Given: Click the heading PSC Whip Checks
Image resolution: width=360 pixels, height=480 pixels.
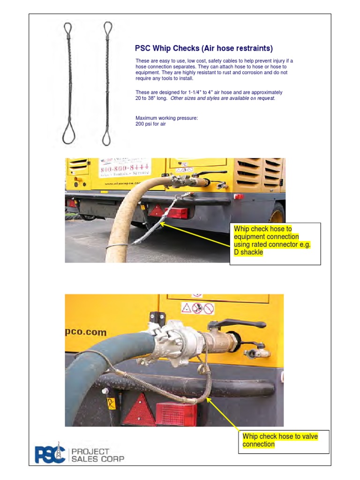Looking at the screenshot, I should coord(203,48).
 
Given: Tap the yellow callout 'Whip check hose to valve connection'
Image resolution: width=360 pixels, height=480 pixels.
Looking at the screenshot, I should coord(280,440).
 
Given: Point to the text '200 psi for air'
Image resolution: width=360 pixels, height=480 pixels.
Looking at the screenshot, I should coord(150,124).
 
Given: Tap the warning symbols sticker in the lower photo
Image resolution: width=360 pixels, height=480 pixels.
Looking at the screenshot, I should coord(197,308).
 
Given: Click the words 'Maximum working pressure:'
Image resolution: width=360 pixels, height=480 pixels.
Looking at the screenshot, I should coord(166,118).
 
